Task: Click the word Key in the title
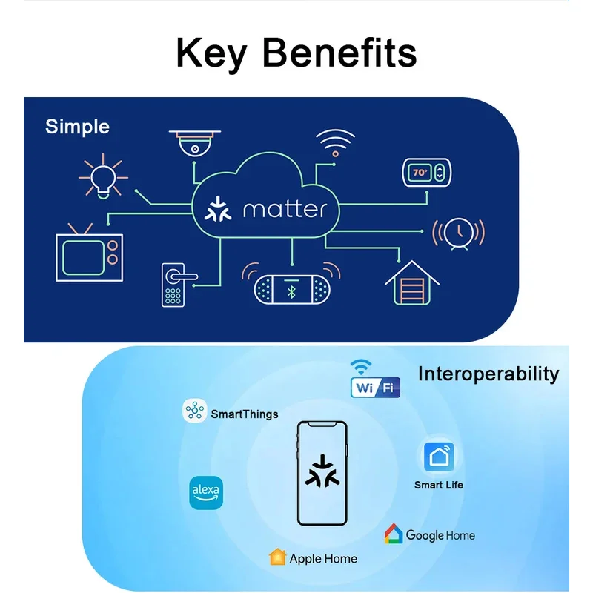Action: coord(212,54)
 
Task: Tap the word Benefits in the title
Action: coord(339,53)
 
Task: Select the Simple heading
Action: coord(78,127)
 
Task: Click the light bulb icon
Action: coord(103,176)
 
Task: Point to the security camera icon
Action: coord(195,143)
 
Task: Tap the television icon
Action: coord(89,253)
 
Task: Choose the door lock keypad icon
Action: coord(179,285)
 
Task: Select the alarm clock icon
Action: coord(458,233)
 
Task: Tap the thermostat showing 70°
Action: coord(427,173)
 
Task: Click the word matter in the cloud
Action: coord(285,210)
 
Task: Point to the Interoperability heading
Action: coord(488,374)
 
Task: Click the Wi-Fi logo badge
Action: coord(375,379)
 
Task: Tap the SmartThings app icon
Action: coord(194,411)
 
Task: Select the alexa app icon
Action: coord(206,493)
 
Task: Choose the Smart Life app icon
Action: coord(439,457)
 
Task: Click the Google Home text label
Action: coord(440,535)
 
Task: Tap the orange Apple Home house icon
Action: coord(277,557)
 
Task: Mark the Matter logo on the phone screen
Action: coord(322,471)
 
